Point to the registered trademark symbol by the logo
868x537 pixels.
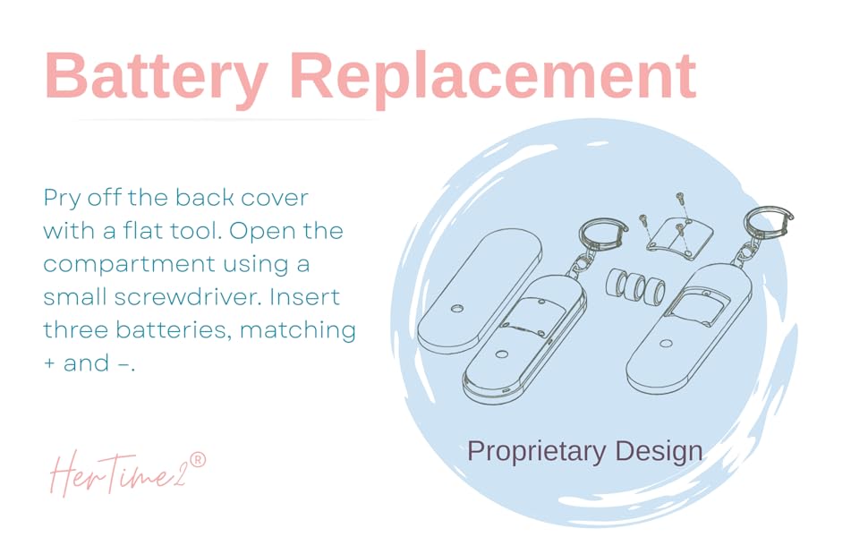[198, 459]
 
